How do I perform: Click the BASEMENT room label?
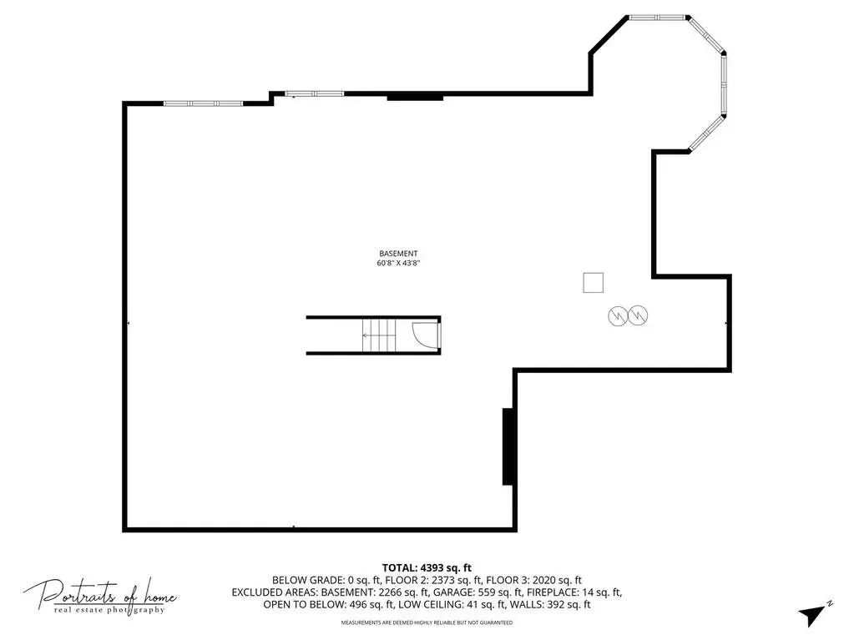click(x=398, y=254)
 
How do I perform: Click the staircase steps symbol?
click(x=379, y=335)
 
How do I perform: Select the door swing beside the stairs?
click(x=426, y=335)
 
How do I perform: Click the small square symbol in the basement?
click(x=593, y=283)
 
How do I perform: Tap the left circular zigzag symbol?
click(x=619, y=315)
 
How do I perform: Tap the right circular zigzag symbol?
click(x=638, y=315)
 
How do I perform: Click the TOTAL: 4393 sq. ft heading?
click(x=427, y=568)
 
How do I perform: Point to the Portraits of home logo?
click(x=99, y=597)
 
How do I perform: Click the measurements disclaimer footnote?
click(x=427, y=622)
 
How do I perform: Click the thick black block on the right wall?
click(x=508, y=446)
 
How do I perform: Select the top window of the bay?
click(x=658, y=18)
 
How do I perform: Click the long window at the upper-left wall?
click(x=203, y=103)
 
